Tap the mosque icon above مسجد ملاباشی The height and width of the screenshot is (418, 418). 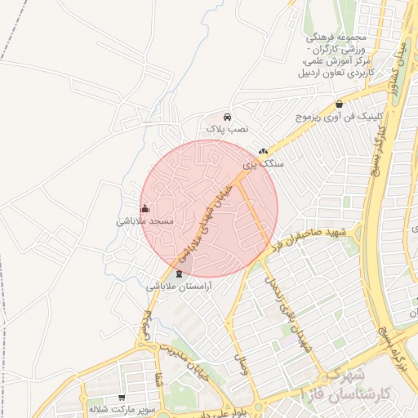(145, 208)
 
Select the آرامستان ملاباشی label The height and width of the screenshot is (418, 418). (180, 287)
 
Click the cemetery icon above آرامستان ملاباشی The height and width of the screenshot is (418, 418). (180, 273)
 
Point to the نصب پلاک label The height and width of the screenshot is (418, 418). (226, 129)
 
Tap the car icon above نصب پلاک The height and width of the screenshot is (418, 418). (226, 116)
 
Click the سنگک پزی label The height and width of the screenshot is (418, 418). (264, 164)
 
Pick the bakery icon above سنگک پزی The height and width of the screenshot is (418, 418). (263, 151)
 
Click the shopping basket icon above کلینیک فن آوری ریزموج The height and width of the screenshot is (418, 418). (340, 104)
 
